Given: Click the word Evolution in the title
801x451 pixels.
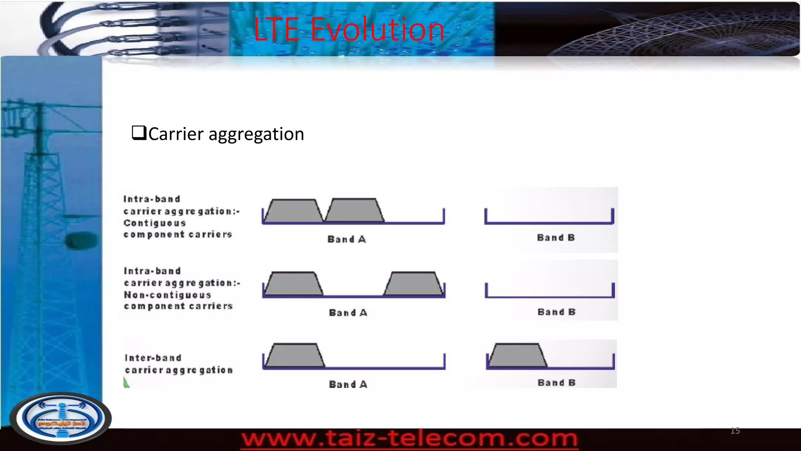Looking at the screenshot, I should pyautogui.click(x=377, y=30).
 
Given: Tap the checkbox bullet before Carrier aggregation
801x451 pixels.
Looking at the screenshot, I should pyautogui.click(x=139, y=133).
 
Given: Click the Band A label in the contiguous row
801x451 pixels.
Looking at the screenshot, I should pyautogui.click(x=347, y=239).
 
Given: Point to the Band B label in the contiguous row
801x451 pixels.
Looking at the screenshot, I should pyautogui.click(x=556, y=238).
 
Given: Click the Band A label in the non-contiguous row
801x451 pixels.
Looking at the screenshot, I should pyautogui.click(x=348, y=313).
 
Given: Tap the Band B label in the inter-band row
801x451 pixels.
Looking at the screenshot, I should pyautogui.click(x=557, y=382).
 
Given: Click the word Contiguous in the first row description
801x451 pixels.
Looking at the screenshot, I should pyautogui.click(x=154, y=223).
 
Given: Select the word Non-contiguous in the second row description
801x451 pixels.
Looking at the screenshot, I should pyautogui.click(x=167, y=295).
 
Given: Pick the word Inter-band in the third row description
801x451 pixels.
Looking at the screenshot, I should pyautogui.click(x=153, y=358).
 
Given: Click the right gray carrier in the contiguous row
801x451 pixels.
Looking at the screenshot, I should pyautogui.click(x=354, y=211).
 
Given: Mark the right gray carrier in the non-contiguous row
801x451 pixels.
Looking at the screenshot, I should pyautogui.click(x=414, y=283).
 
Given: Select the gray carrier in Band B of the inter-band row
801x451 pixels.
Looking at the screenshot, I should pyautogui.click(x=517, y=355).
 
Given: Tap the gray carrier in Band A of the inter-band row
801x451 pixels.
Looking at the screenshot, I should pyautogui.click(x=295, y=355).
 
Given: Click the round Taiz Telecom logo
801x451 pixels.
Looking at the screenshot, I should pyautogui.click(x=61, y=418).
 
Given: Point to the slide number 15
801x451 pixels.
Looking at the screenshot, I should pyautogui.click(x=735, y=431).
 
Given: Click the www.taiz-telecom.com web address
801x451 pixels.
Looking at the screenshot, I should pyautogui.click(x=409, y=438).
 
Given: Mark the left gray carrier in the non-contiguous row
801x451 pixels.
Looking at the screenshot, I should pyautogui.click(x=294, y=283).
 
